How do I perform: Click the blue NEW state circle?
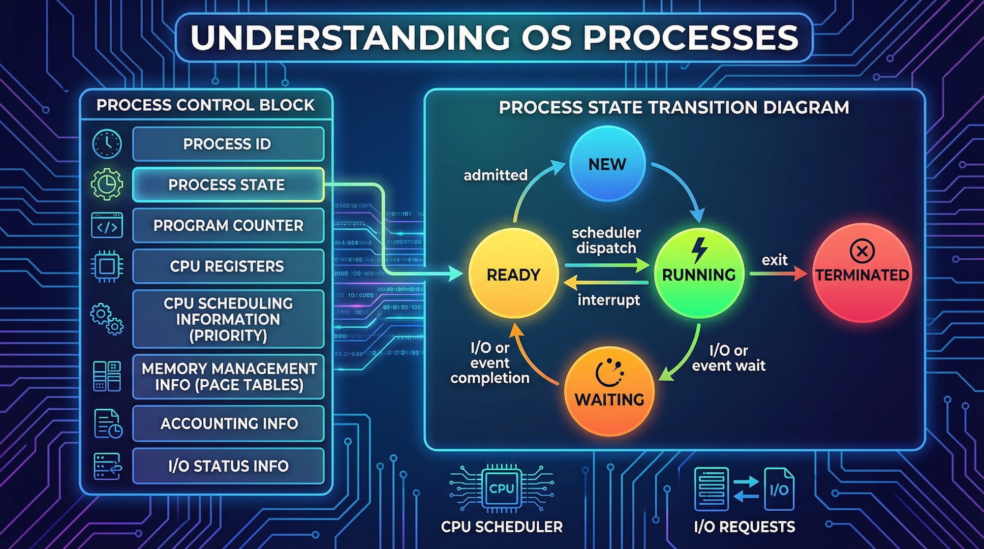tap(607, 164)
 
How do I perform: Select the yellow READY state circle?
tap(513, 274)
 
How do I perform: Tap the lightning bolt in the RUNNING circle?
tap(699, 250)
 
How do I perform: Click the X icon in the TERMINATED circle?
tap(862, 251)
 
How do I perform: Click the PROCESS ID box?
tap(227, 144)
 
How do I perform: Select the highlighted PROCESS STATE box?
tap(227, 185)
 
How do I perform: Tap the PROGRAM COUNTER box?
tap(227, 226)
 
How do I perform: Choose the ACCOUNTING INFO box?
tap(227, 424)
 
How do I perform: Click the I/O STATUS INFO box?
tap(227, 466)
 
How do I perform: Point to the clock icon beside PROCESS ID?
tap(107, 144)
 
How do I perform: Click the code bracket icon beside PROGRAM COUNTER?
tap(107, 226)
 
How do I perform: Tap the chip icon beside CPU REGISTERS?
tap(107, 266)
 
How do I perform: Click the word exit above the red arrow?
tap(774, 260)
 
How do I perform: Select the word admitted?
tap(495, 175)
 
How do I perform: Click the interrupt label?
tap(609, 300)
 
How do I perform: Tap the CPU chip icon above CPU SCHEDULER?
tap(501, 488)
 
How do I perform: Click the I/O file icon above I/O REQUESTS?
tap(779, 489)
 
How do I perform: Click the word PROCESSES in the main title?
tap(690, 37)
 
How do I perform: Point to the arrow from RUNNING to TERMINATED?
tap(777, 274)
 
